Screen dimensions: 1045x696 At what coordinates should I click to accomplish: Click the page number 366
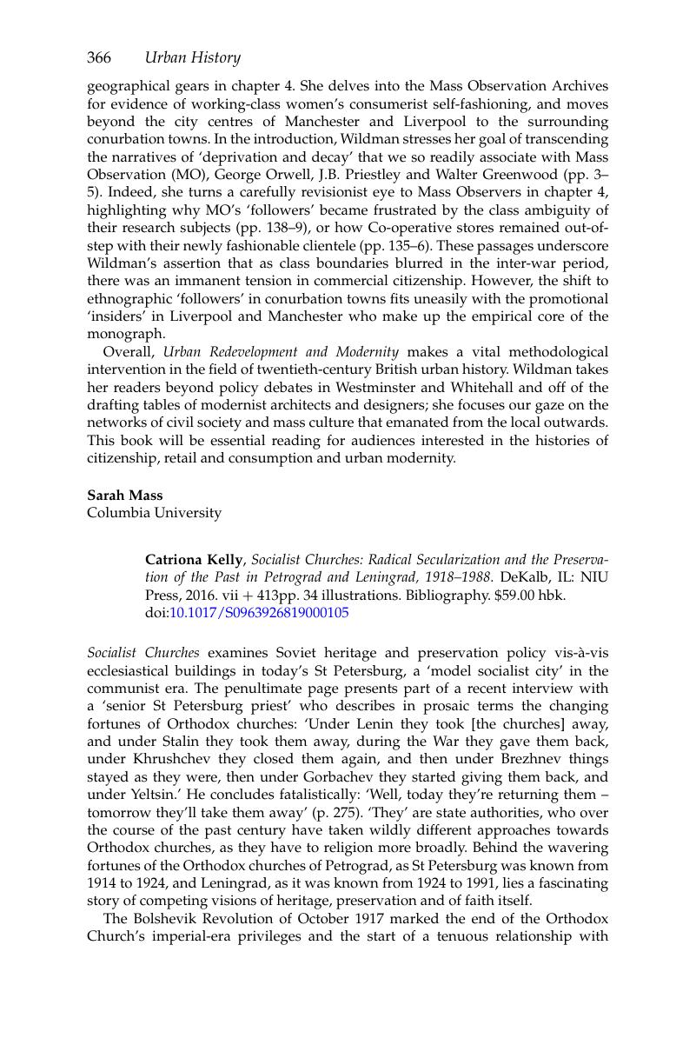(x=98, y=57)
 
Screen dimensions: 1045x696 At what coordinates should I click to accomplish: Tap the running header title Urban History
(x=192, y=57)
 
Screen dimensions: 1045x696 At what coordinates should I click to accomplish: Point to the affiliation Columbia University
(x=154, y=512)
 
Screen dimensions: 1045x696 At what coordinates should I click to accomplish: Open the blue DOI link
(x=259, y=612)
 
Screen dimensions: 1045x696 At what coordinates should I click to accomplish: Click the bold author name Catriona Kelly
(x=194, y=559)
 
